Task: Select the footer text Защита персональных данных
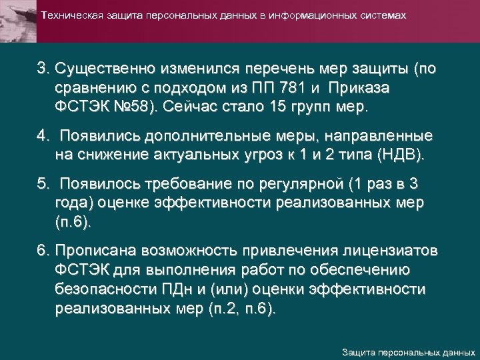coord(408,351)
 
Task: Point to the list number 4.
coord(43,137)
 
